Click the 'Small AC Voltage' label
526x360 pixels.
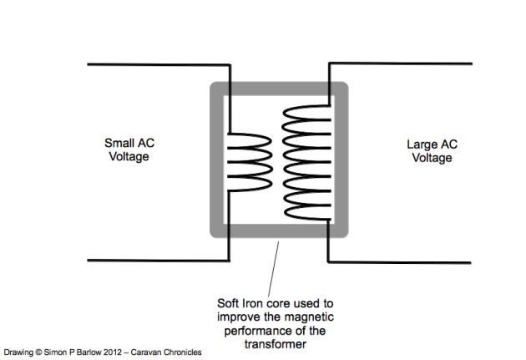pyautogui.click(x=127, y=149)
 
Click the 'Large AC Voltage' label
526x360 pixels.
pyautogui.click(x=427, y=150)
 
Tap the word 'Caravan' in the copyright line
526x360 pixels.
pyautogui.click(x=154, y=352)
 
